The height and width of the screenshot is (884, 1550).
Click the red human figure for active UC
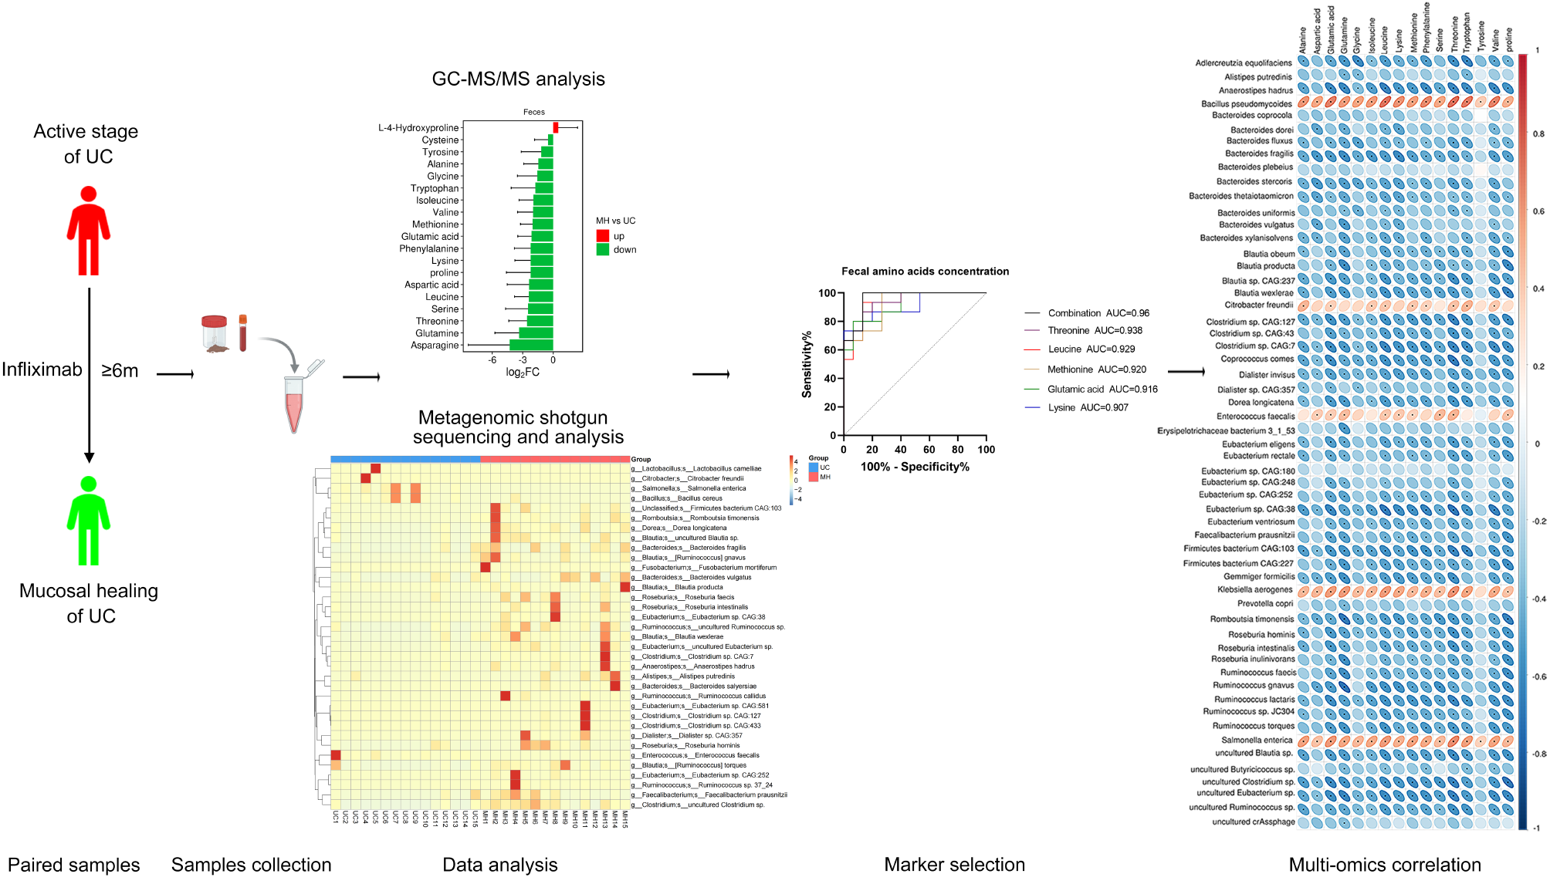[89, 231]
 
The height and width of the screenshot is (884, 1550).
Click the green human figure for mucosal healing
[89, 521]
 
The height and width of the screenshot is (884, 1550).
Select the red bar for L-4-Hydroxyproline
[555, 128]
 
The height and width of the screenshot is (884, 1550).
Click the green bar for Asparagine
[531, 345]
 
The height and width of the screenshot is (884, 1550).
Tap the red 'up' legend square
[603, 236]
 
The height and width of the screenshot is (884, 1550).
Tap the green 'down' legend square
[603, 250]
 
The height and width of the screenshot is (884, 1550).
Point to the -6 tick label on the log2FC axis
[492, 360]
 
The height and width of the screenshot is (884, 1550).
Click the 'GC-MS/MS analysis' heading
[518, 79]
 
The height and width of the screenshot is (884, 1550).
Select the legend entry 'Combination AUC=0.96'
[1098, 313]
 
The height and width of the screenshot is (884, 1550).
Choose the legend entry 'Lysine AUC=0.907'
[1087, 407]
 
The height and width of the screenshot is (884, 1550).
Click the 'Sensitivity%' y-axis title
[807, 364]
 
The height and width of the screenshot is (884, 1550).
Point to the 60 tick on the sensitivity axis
[830, 350]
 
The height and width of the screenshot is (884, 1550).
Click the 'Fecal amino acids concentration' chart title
[925, 272]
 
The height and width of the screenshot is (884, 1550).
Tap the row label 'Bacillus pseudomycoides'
[1246, 104]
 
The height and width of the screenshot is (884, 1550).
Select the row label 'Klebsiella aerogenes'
[1254, 590]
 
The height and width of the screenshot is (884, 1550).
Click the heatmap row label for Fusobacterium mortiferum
[708, 568]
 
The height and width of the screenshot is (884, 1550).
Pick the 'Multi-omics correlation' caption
[1385, 865]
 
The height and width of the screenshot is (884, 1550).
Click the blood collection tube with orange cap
[242, 332]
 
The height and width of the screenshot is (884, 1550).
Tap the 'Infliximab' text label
[42, 370]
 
